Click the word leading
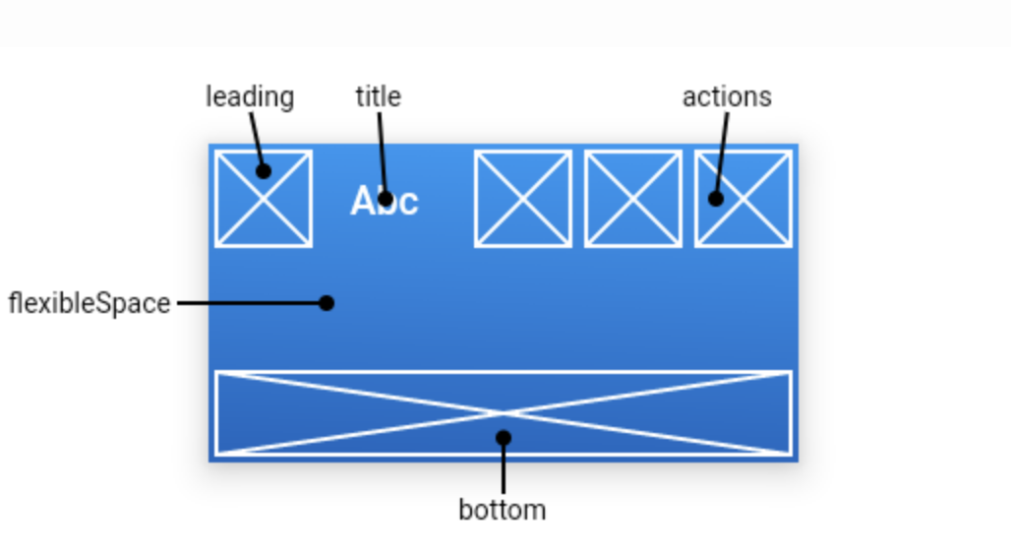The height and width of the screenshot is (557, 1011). click(x=250, y=97)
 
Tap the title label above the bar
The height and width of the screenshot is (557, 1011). click(x=379, y=96)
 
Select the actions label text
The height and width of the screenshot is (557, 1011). click(x=727, y=96)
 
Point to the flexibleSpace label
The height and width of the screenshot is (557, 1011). click(x=89, y=303)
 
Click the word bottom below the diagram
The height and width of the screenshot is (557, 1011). click(x=503, y=510)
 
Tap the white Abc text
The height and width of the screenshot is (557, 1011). click(x=385, y=201)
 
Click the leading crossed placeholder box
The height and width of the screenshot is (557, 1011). click(x=264, y=199)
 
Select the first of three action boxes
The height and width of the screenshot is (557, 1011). click(x=523, y=199)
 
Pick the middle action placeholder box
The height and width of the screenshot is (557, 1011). click(x=633, y=199)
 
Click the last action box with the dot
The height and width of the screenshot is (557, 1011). click(x=743, y=199)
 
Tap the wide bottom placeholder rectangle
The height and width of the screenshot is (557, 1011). click(x=504, y=413)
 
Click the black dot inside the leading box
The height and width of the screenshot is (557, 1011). click(x=263, y=171)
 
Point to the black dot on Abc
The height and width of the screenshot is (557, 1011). click(x=385, y=199)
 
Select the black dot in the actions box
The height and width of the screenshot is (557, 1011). click(x=716, y=199)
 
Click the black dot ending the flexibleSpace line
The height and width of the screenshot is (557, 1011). click(x=327, y=303)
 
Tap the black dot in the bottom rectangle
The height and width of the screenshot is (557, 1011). click(x=504, y=438)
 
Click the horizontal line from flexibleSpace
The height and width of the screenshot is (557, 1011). click(x=252, y=303)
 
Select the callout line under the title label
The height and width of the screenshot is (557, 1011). click(x=382, y=155)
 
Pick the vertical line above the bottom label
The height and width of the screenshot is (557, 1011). click(x=504, y=466)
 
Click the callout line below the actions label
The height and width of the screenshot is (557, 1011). click(x=722, y=155)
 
